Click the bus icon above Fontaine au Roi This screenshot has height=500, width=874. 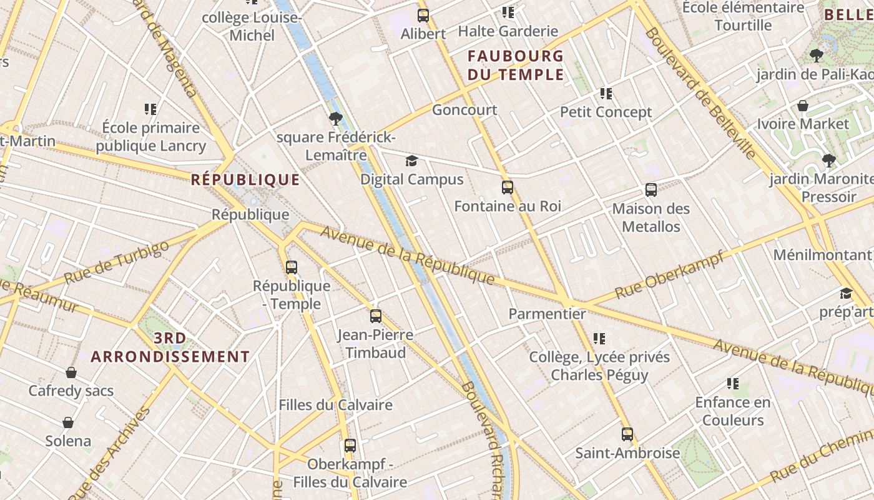pos(507,187)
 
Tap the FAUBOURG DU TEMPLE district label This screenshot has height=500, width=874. pos(516,66)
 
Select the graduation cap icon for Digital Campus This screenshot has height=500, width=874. pos(411,161)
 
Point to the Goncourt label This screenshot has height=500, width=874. pos(464,110)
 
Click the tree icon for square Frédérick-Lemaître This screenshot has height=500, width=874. pos(336,119)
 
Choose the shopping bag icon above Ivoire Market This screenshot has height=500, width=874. pos(803,106)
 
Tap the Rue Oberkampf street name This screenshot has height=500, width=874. pos(669,274)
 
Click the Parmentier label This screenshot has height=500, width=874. pos(547,314)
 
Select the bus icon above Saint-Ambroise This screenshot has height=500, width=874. pos(627,434)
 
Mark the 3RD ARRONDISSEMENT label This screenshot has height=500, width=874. pos(170,347)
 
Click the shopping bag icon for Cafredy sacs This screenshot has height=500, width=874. pos(71,372)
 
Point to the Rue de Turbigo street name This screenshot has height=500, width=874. pos(116,262)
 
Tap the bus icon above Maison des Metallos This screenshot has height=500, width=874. pos(651,190)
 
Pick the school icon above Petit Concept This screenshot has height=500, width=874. pos(606,94)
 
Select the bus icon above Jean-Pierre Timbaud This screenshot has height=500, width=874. pos(375,316)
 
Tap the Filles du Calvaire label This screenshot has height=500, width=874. pos(335,405)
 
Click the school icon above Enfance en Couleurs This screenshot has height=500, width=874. pos(733,384)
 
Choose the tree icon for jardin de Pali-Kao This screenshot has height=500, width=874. pos(816,56)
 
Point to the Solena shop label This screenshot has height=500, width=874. pos(68,441)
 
